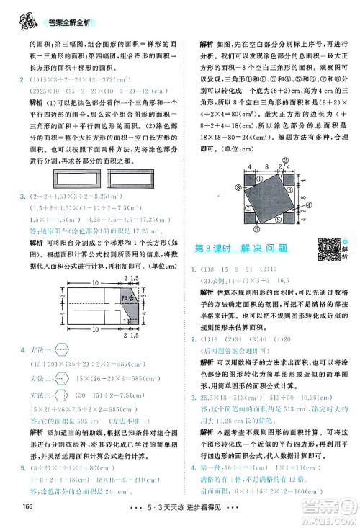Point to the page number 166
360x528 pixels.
[x=14, y=514]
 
